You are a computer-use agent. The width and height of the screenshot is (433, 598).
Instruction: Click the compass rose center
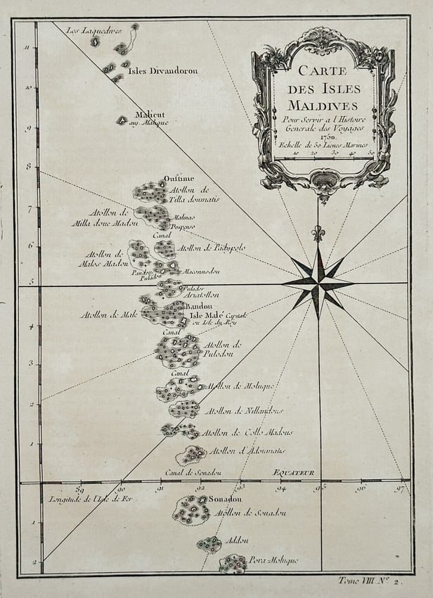point(318,283)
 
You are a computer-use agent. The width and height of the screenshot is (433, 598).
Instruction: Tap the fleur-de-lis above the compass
point(318,232)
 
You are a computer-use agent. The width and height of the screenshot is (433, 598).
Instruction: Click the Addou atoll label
point(235,540)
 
